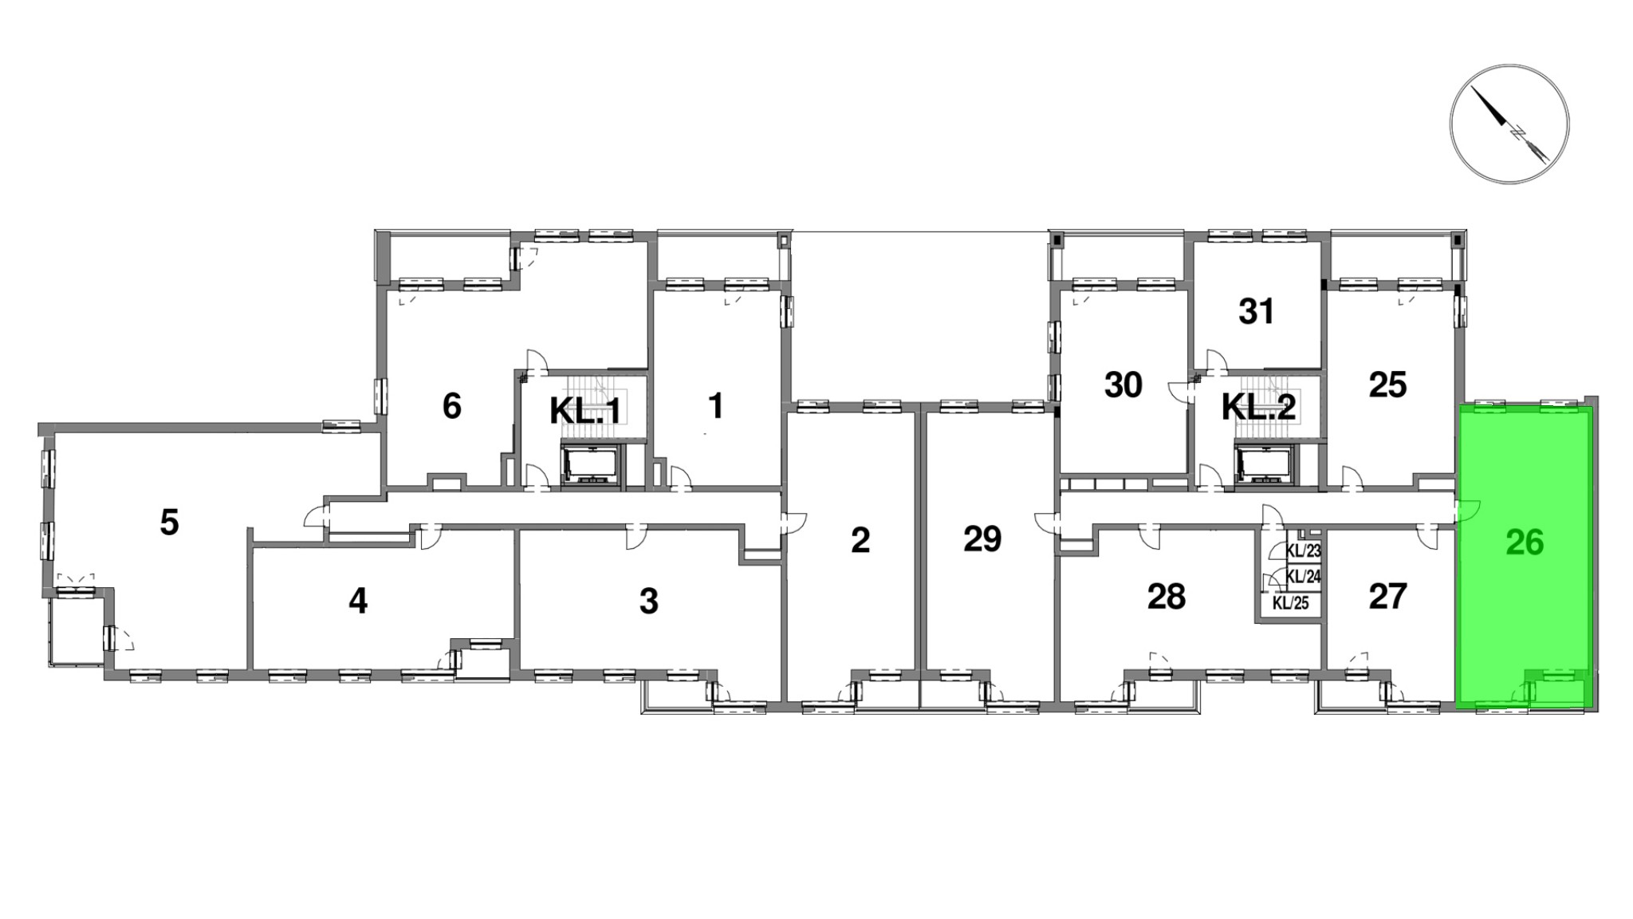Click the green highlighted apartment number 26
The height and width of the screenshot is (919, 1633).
(1525, 542)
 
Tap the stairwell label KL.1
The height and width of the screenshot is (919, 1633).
(584, 411)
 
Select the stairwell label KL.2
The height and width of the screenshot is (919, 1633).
(1259, 408)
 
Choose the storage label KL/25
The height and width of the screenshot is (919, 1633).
(1291, 603)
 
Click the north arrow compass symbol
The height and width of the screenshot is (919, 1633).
(1509, 124)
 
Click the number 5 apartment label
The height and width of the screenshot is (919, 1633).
(169, 523)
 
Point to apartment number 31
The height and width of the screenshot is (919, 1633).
(1257, 311)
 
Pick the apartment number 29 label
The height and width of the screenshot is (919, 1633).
(982, 539)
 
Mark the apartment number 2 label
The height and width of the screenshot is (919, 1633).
(860, 540)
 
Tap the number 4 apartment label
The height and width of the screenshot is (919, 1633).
(358, 601)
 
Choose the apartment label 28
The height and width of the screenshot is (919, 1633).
(1167, 597)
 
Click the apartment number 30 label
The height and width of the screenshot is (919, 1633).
(1123, 385)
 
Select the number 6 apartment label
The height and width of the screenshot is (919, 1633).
(451, 406)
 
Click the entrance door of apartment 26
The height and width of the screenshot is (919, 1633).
(1466, 511)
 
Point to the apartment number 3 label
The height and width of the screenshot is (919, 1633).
(648, 601)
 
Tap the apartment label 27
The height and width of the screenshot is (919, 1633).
(1387, 597)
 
